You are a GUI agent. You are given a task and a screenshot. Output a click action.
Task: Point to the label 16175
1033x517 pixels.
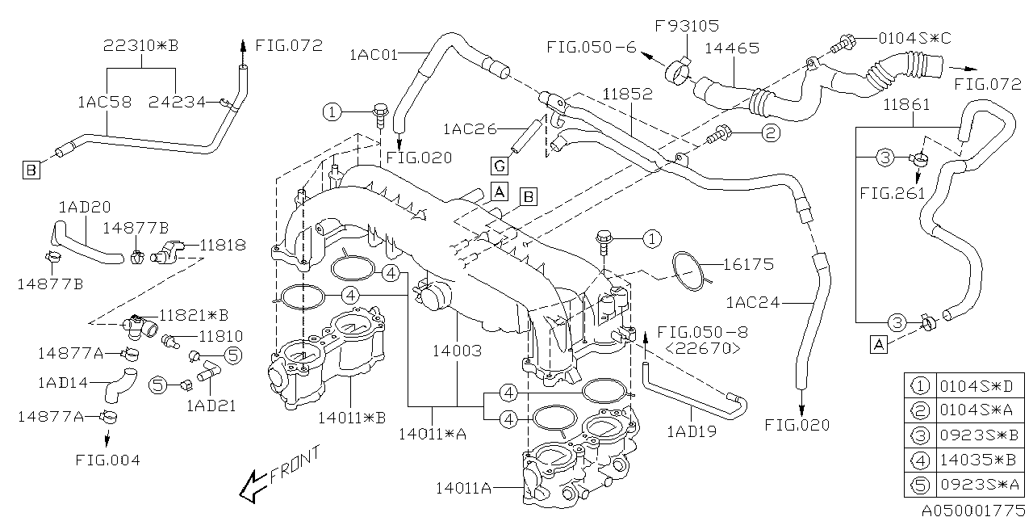tap(748, 264)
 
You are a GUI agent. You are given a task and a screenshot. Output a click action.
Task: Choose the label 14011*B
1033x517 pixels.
tap(352, 417)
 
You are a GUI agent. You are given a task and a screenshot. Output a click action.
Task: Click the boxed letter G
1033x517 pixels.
tap(500, 166)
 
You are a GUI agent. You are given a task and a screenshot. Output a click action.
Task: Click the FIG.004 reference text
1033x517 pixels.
tap(107, 460)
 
